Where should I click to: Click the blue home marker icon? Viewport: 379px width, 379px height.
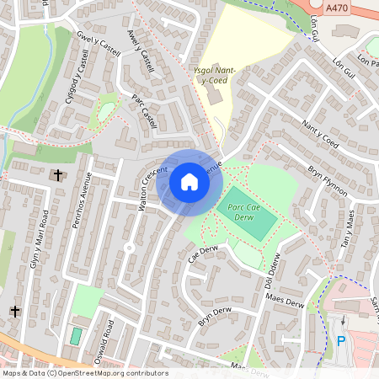tap(189, 182)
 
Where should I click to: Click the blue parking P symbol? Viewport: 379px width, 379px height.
tap(341, 342)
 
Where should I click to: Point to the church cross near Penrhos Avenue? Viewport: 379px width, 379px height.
tap(57, 175)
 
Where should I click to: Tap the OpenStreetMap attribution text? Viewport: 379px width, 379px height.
tap(84, 373)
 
